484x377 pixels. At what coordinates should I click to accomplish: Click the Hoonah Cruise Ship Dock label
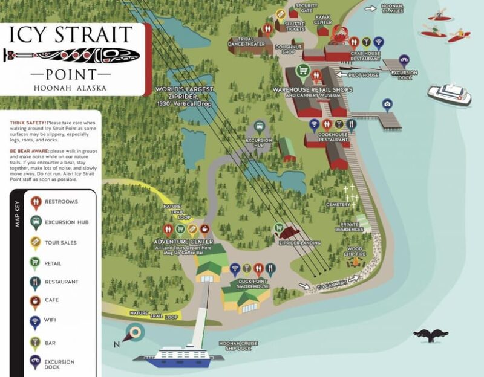pyautogui.click(x=238, y=346)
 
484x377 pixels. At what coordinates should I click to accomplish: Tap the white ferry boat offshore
pyautogui.click(x=449, y=94)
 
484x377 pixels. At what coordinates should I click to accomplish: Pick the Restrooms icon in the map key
pyautogui.click(x=35, y=204)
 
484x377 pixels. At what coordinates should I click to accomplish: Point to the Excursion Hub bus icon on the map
pyautogui.click(x=260, y=127)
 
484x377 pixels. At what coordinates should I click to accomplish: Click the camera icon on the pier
pyautogui.click(x=387, y=105)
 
